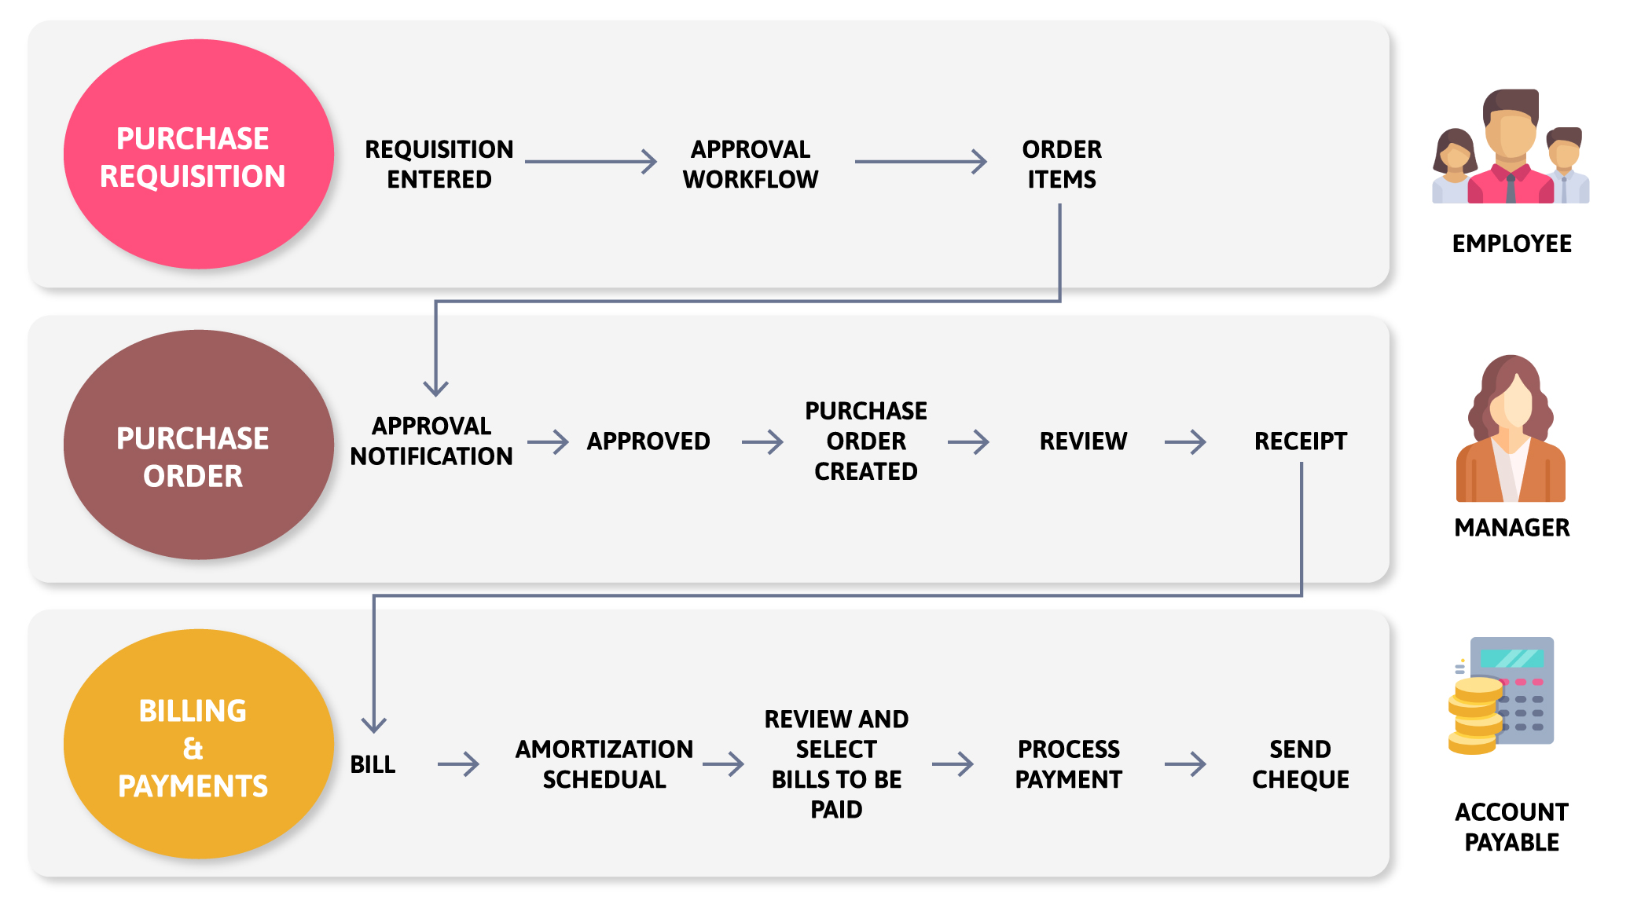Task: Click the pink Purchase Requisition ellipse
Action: coord(198,155)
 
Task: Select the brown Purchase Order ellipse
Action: coord(198,445)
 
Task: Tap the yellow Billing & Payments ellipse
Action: coord(198,744)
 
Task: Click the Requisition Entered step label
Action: coord(439,164)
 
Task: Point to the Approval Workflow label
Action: coord(750,164)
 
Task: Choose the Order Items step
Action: coord(1061,164)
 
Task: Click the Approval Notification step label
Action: coord(431,441)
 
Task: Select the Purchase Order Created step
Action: coord(865,441)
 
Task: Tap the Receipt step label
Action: coord(1300,441)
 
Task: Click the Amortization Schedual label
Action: coord(604,763)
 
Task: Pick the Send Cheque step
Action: coord(1300,763)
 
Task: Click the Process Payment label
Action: coord(1068,763)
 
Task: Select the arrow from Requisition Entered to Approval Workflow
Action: coord(591,162)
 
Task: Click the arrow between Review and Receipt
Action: coord(1185,441)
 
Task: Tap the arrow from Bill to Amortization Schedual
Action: coord(458,763)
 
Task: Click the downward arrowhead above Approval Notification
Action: coord(435,386)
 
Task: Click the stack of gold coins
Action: coord(1475,715)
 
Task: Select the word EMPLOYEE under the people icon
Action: coord(1511,243)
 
